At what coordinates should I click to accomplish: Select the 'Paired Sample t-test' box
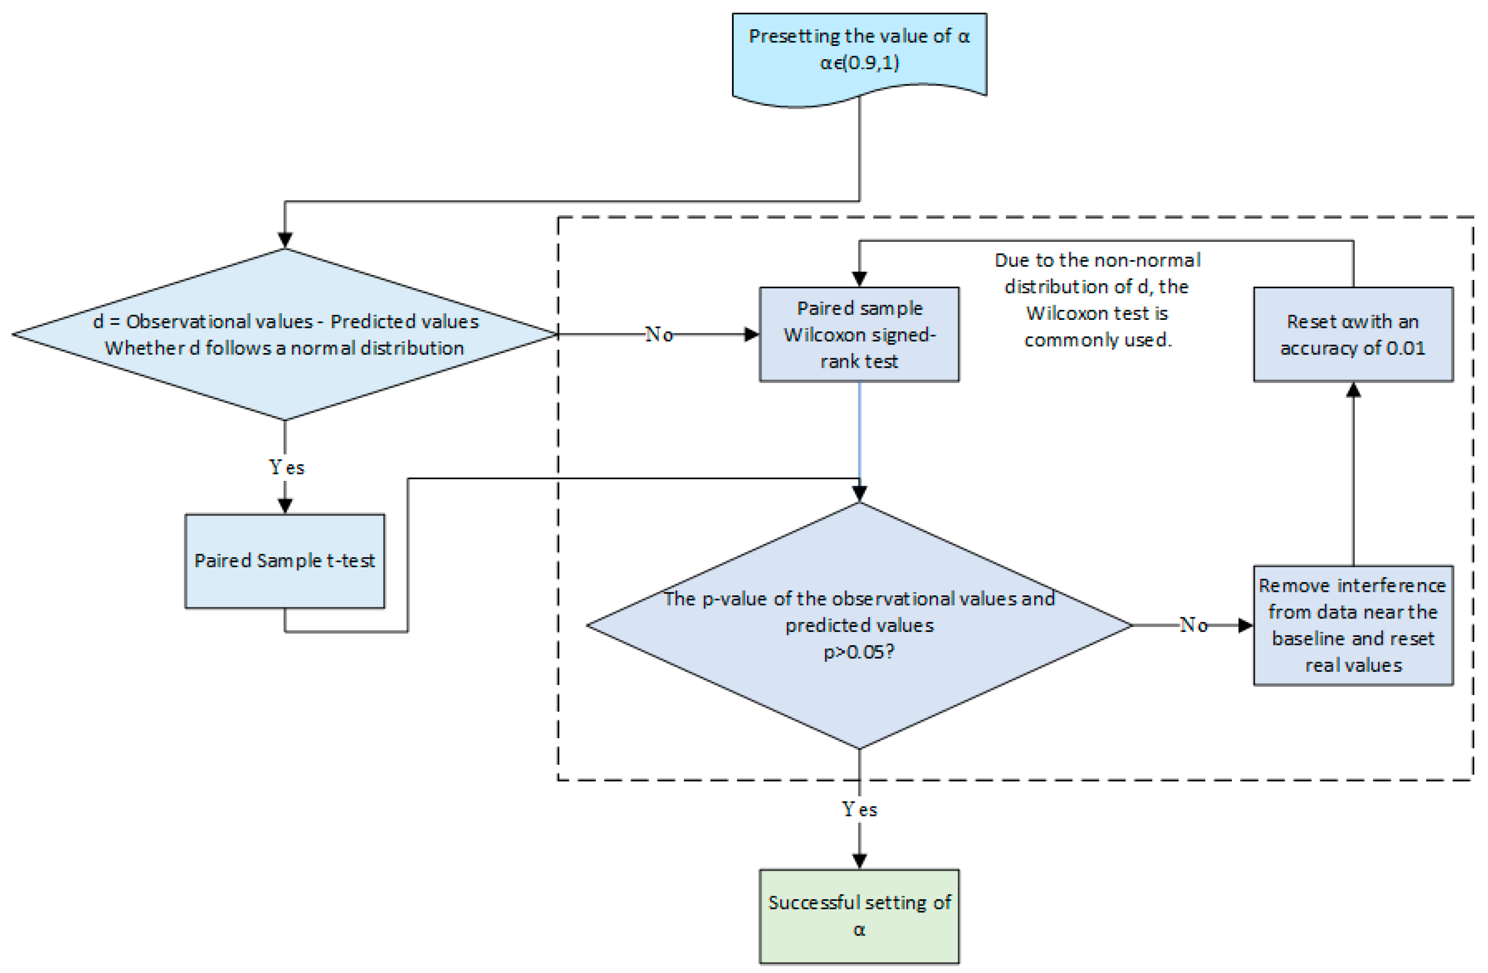(x=284, y=561)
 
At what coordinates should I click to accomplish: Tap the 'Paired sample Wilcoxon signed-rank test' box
(x=859, y=335)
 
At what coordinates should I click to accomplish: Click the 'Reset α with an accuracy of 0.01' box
(x=1353, y=335)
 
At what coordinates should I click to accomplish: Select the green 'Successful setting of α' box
(x=859, y=916)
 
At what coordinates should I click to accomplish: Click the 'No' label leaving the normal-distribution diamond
(x=659, y=335)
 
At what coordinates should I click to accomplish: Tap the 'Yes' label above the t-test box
(x=286, y=467)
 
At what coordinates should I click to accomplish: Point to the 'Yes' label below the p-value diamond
(x=859, y=809)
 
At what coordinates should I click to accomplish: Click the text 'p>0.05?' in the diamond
(x=859, y=652)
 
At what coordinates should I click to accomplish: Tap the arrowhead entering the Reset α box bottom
(x=1353, y=390)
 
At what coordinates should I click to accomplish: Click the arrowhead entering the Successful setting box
(x=859, y=860)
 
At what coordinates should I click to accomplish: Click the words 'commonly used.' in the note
(x=1097, y=340)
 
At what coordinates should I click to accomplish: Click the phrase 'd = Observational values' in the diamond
(x=203, y=321)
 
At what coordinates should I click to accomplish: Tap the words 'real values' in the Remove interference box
(x=1353, y=665)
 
